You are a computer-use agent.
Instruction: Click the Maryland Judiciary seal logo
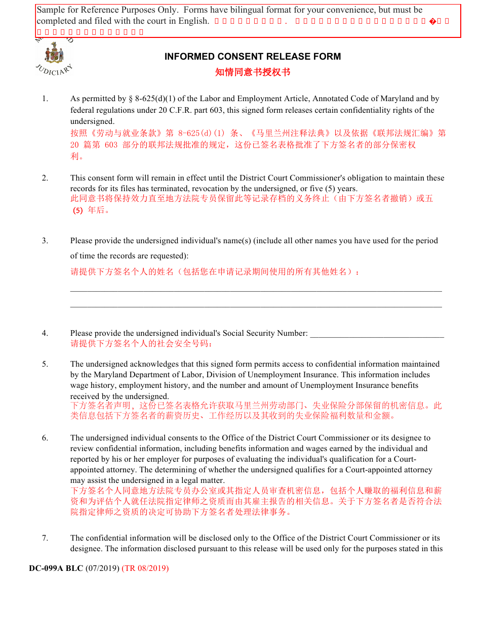click(54, 53)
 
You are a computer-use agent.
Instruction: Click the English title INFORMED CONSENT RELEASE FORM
click(253, 57)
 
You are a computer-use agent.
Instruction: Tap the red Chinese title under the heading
click(253, 72)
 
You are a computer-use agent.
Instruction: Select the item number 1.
click(45, 99)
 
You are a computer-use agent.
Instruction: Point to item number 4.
click(45, 333)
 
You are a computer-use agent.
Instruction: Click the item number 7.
click(45, 538)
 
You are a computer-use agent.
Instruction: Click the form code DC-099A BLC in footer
click(56, 568)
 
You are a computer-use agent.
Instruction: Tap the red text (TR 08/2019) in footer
click(145, 568)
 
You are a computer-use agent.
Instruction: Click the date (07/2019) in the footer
click(102, 568)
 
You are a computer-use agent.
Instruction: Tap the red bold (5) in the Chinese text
click(77, 210)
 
